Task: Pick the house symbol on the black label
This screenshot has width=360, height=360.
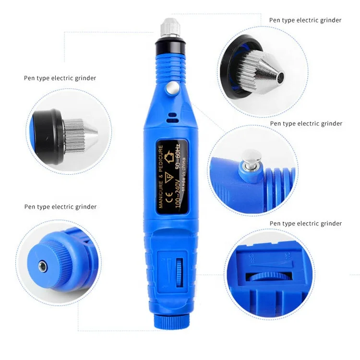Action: pos(168,156)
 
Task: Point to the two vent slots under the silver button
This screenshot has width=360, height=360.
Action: pos(171,118)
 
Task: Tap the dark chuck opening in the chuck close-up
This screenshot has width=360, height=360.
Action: pos(279,77)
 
